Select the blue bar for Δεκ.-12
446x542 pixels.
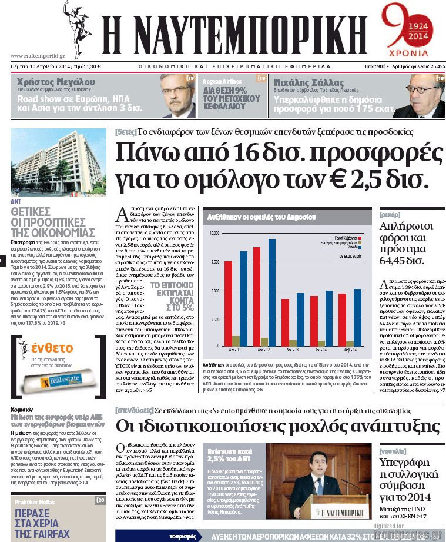[272, 292]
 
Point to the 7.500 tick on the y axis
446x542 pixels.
[214, 262]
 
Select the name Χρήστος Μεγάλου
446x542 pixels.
[56, 82]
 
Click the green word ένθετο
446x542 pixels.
[53, 347]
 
